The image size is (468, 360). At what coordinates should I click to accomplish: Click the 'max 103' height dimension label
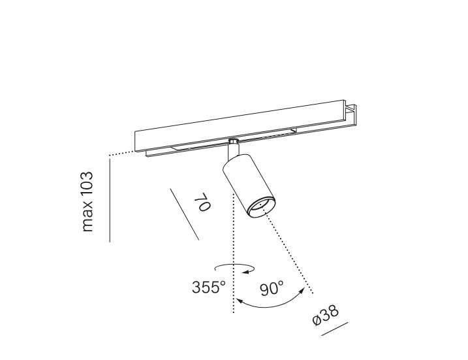click(x=87, y=202)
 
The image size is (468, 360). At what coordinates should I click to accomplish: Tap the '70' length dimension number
click(x=202, y=202)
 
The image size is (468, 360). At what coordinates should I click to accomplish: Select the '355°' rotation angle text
click(x=209, y=287)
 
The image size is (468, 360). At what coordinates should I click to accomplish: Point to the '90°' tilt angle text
click(x=272, y=289)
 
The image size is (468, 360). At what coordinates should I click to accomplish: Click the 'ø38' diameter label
click(x=326, y=315)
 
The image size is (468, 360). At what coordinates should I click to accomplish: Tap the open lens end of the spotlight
click(x=261, y=207)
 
